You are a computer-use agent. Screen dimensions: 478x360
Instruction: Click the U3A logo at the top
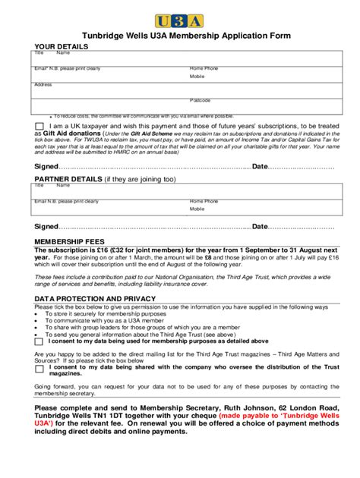(x=180, y=20)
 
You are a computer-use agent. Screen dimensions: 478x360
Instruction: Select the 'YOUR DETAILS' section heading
(x=62, y=46)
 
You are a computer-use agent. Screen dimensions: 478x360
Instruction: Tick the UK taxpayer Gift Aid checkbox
(x=39, y=125)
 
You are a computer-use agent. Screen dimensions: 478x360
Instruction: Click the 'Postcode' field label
(x=201, y=100)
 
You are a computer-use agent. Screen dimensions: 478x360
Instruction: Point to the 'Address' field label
(x=43, y=84)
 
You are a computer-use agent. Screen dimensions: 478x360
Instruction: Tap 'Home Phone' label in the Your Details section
(x=204, y=68)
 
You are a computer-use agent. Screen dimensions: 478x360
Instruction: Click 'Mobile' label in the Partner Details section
(x=197, y=209)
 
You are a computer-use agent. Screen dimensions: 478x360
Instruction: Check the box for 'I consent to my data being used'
(x=39, y=342)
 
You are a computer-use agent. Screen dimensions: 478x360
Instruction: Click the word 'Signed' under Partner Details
(x=46, y=226)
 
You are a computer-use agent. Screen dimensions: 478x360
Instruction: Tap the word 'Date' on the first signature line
(x=260, y=166)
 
